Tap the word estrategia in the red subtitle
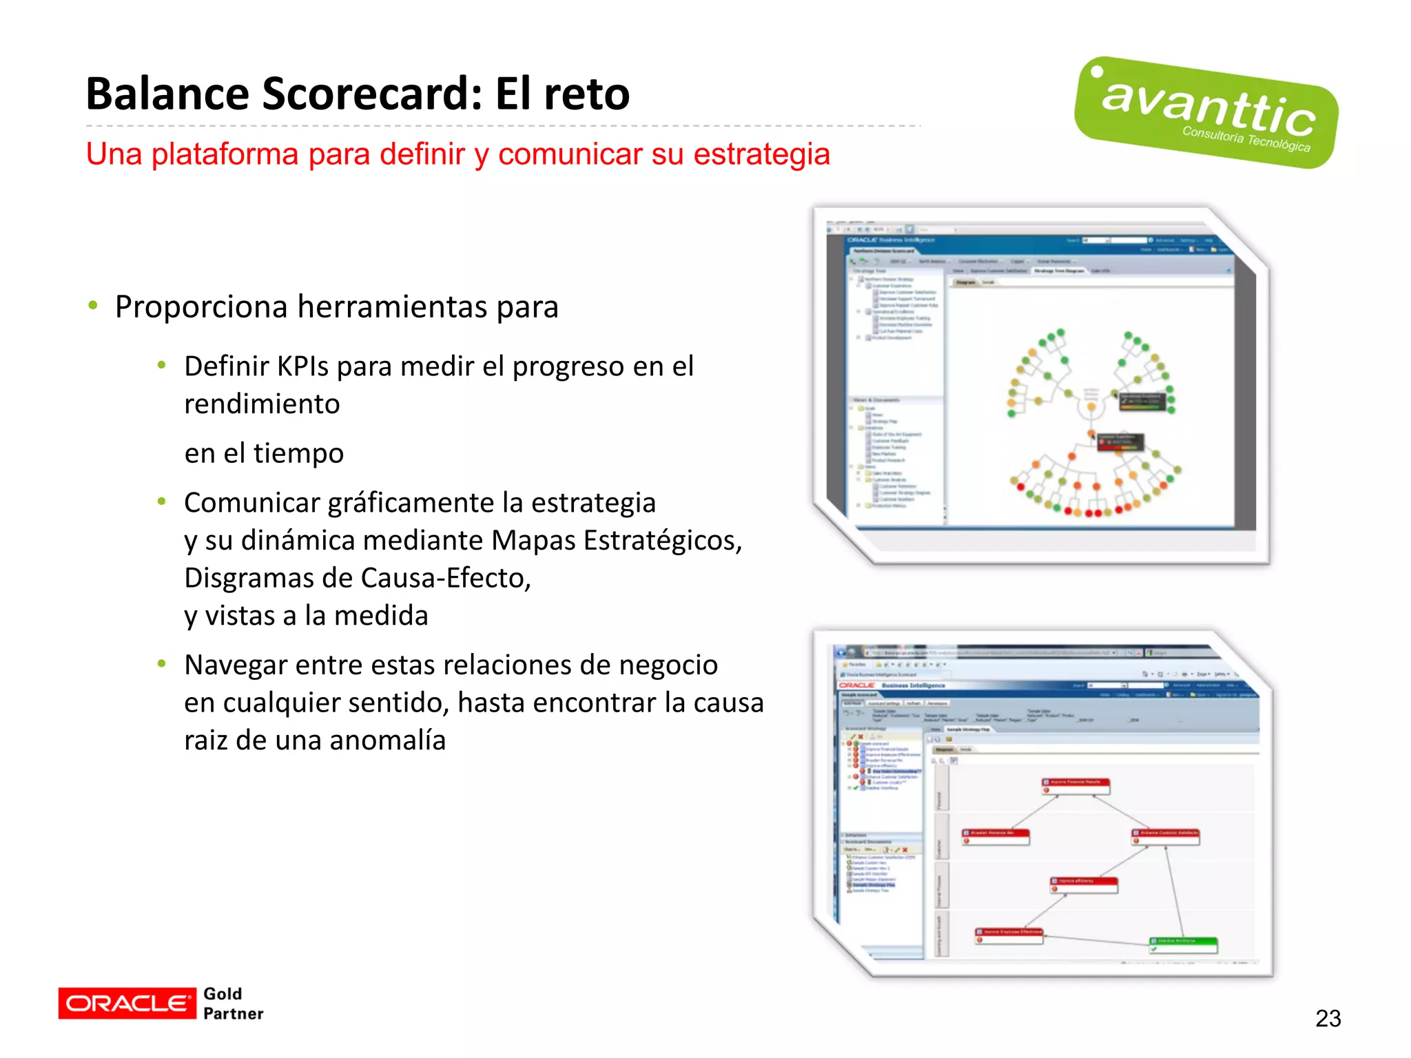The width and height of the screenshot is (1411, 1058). [x=761, y=154]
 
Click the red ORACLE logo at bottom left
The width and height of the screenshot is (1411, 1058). [x=127, y=1003]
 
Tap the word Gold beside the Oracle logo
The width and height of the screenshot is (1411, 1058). [x=223, y=993]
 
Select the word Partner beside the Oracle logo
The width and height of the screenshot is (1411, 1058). [x=234, y=1014]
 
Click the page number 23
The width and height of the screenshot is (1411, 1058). [x=1328, y=1018]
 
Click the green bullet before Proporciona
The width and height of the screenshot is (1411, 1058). [x=93, y=305]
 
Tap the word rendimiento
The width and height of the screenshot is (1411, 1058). [x=262, y=404]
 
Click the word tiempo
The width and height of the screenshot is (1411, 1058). [x=298, y=454]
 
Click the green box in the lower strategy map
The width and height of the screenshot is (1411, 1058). [x=1183, y=944]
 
